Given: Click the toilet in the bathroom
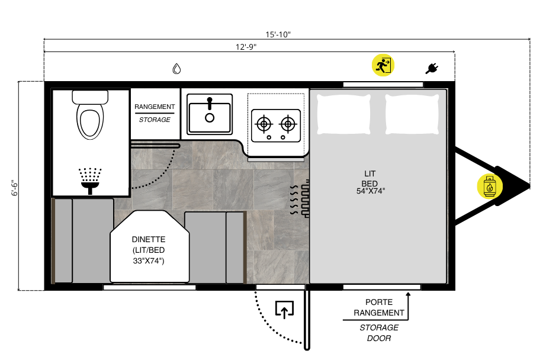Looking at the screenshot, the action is point(90,115).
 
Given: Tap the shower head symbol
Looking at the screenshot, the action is point(90,181).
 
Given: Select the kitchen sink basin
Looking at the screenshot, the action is point(210,114).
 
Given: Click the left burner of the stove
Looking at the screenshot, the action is point(264,124).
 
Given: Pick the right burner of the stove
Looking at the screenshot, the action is point(288,124).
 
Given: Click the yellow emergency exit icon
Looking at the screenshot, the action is point(383,65).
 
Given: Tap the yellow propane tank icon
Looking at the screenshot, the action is point(490,186).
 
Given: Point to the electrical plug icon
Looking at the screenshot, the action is point(432,68).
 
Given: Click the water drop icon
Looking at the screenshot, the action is point(176,69).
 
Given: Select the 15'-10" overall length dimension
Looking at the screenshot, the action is point(278,34).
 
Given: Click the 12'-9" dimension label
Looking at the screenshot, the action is point(246,47).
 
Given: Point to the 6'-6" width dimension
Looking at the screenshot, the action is point(14,188).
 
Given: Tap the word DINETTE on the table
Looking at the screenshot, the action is point(149,240).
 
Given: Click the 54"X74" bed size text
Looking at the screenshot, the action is point(371,191).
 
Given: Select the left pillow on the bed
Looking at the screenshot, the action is point(343,114).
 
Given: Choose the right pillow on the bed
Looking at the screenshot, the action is point(412,114).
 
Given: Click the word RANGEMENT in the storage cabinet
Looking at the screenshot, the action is point(155,107).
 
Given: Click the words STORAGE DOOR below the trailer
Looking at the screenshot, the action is point(379,333).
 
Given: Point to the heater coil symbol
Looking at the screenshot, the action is point(300,199).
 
